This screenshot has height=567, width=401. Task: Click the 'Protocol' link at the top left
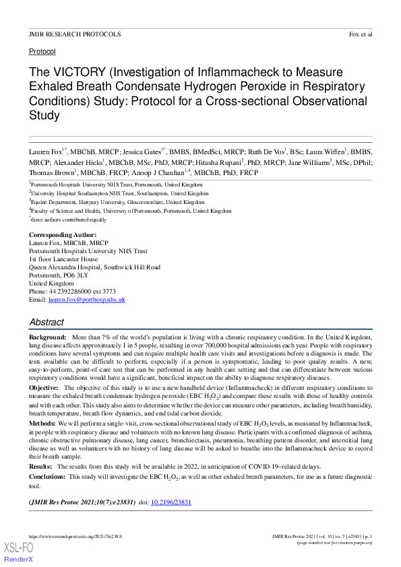point(42,51)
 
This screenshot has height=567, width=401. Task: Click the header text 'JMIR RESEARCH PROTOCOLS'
point(75,34)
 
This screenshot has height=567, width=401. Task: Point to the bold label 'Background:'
point(47,335)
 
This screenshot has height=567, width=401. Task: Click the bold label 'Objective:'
point(44,388)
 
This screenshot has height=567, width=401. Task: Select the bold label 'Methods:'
point(42,423)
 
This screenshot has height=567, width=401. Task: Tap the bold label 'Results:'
point(40,466)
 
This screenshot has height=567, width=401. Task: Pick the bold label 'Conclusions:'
point(47,476)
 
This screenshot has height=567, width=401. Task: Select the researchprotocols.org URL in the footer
point(75,535)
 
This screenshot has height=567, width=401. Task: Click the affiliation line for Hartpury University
point(118,201)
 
